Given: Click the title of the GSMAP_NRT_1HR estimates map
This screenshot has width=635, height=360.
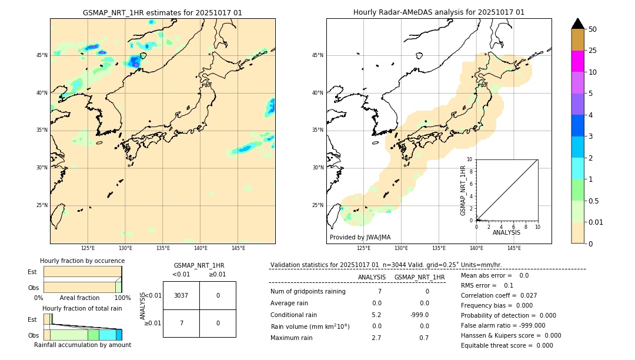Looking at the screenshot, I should (x=162, y=12).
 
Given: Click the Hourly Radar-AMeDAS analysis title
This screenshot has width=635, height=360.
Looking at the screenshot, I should (x=439, y=12).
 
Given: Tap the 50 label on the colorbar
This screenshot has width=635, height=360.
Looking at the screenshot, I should (x=593, y=29).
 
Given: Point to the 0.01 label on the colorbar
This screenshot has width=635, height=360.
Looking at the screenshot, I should (x=596, y=222).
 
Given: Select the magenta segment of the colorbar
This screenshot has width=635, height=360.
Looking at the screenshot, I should (x=578, y=61).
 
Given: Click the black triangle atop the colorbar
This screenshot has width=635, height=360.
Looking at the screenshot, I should (x=578, y=24).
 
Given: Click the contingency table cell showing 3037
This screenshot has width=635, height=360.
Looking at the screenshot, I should (x=181, y=295).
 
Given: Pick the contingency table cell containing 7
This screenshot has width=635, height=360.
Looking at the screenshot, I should (x=181, y=323).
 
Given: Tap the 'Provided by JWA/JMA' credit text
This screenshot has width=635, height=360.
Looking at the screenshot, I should (x=360, y=237).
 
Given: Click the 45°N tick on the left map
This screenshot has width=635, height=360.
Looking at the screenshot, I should (x=42, y=55).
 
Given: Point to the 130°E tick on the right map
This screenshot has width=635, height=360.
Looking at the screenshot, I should (x=402, y=248).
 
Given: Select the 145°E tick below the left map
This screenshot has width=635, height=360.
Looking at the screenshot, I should (x=238, y=248).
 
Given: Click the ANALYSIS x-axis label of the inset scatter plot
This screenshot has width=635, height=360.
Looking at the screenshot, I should (x=506, y=232).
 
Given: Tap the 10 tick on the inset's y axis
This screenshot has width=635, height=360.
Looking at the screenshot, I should (x=470, y=159).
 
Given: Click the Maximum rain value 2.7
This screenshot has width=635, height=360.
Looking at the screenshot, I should (x=376, y=338).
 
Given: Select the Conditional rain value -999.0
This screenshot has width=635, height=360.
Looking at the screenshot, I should (x=419, y=315).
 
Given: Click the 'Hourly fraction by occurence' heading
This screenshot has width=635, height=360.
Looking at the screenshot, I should (x=82, y=261).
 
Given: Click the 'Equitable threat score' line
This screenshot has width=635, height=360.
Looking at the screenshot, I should (x=507, y=345).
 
